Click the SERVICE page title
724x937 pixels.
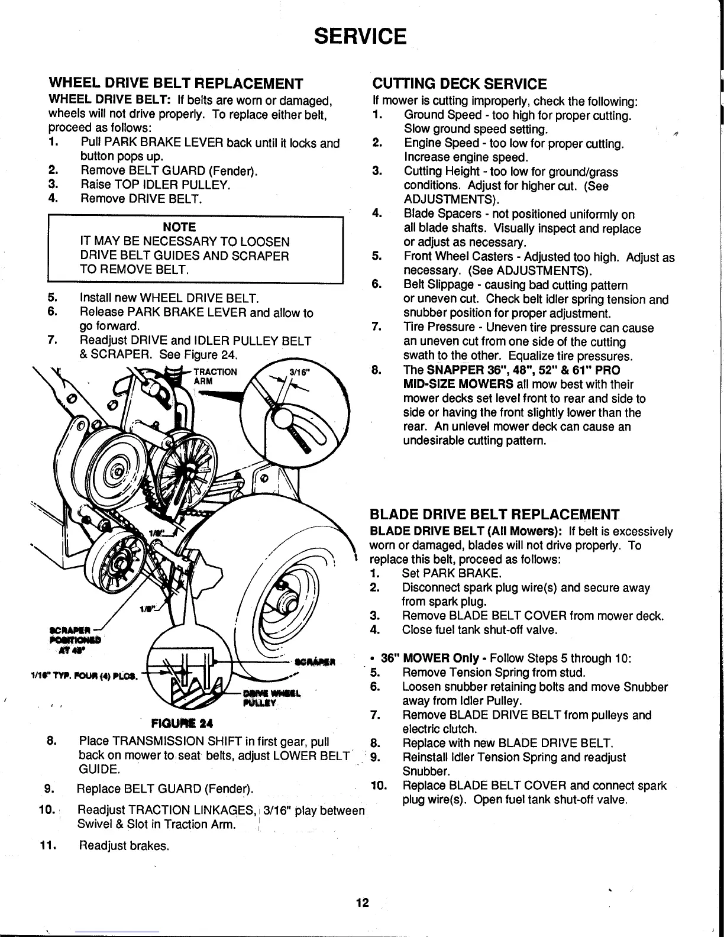coord(360,36)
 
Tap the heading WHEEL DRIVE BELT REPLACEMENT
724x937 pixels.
coord(175,82)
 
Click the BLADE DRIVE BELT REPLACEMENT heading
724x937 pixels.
coord(494,513)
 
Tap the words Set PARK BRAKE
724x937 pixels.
coord(451,574)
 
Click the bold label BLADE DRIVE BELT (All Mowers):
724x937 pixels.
coord(466,531)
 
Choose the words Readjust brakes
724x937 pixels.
coord(124,845)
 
